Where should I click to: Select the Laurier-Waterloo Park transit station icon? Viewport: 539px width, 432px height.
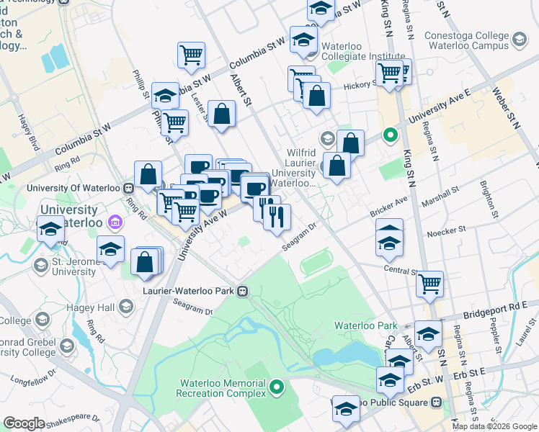click(244, 292)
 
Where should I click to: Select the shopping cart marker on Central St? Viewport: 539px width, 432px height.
click(430, 284)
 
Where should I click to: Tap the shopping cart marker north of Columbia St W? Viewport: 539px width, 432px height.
click(191, 54)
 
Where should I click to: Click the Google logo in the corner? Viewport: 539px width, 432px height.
click(24, 423)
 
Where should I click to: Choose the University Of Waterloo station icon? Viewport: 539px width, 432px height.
click(128, 188)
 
